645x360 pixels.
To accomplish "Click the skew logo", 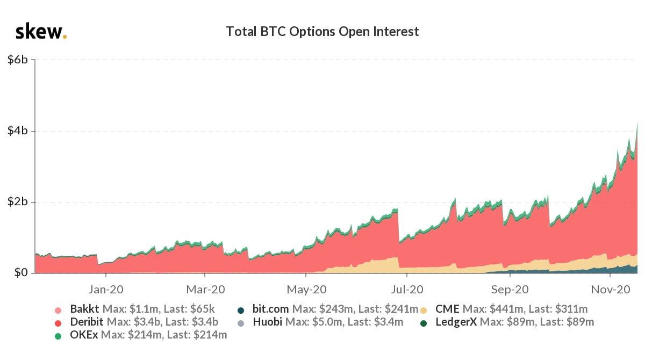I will tap(41, 32).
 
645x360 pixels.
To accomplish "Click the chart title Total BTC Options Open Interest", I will tap(322, 32).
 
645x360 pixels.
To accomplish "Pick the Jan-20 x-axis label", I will tap(106, 290).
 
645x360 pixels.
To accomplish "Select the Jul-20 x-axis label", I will tap(407, 290).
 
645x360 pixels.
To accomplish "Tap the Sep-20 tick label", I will tap(510, 290).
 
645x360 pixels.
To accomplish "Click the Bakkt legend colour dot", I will tap(58, 310).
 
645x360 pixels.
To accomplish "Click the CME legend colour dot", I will tap(424, 310).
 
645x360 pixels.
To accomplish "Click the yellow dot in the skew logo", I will tap(65, 37).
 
